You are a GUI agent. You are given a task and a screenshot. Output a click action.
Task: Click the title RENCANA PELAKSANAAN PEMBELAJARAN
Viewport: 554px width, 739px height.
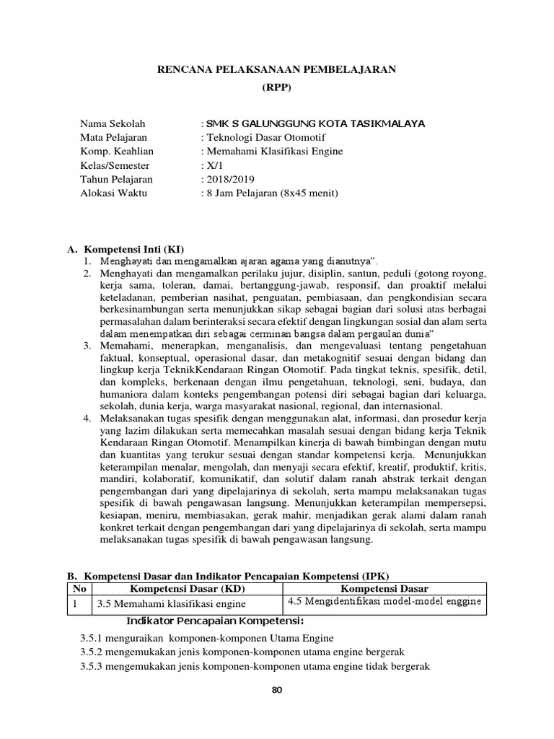277,69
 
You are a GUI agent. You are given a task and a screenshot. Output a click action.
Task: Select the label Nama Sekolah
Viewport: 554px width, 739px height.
111,123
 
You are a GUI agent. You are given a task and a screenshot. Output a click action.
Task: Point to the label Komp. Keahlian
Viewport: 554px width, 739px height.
116,151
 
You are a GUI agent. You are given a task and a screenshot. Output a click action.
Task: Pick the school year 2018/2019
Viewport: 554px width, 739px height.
226,179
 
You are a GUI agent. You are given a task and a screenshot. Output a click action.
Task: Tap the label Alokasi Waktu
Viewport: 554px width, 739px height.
113,193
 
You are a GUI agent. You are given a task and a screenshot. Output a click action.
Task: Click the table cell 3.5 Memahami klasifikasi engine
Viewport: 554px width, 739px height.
170,604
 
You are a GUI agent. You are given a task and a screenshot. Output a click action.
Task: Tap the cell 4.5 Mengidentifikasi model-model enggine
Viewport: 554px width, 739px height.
383,602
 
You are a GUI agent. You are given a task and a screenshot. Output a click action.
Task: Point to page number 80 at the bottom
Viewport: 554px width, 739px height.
277,691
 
